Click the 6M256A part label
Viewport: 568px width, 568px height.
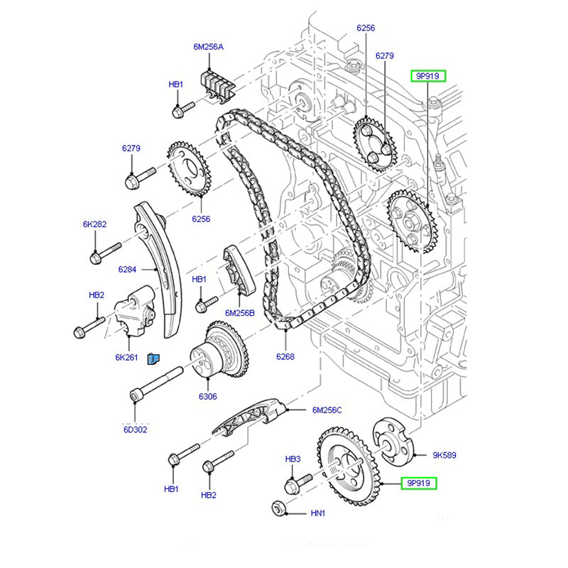[208, 47]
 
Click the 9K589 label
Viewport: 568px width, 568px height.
[444, 455]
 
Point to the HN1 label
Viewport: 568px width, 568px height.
[317, 512]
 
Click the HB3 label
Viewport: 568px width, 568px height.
[293, 460]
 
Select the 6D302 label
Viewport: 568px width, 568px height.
[135, 430]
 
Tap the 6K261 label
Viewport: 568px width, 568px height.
[126, 357]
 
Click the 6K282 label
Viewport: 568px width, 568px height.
[94, 224]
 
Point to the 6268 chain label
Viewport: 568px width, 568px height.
[285, 357]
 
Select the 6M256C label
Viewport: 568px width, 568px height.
[327, 410]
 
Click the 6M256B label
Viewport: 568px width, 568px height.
[239, 312]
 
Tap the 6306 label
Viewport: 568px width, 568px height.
[207, 396]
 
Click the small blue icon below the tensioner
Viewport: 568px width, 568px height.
[153, 359]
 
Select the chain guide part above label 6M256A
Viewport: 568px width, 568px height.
[219, 83]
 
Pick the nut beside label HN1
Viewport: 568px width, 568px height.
[280, 509]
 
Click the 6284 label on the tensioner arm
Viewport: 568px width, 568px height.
[127, 269]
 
